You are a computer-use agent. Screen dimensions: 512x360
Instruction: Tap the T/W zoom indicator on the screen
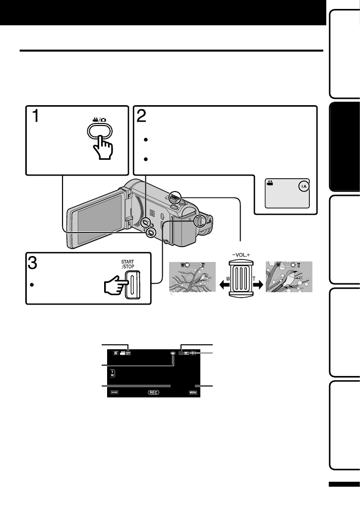pos(112,373)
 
